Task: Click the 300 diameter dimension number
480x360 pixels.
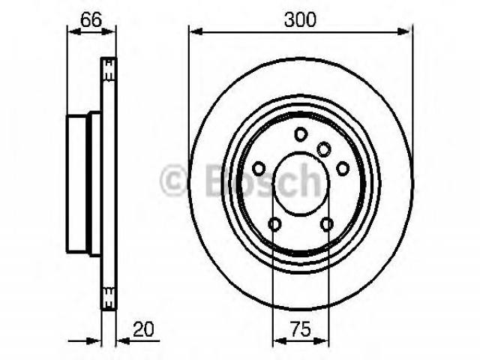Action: tap(300, 20)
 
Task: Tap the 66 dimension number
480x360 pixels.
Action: tap(91, 20)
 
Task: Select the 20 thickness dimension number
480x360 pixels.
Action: tap(143, 329)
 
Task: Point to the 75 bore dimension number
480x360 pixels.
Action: tap(300, 329)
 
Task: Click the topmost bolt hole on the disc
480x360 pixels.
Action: tap(301, 134)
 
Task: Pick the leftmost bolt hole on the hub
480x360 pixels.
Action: tap(259, 168)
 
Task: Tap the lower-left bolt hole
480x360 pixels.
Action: tap(274, 224)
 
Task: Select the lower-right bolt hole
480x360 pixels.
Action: tap(327, 224)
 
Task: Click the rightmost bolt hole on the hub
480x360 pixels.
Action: tap(343, 168)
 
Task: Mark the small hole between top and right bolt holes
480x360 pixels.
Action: tap(323, 148)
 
